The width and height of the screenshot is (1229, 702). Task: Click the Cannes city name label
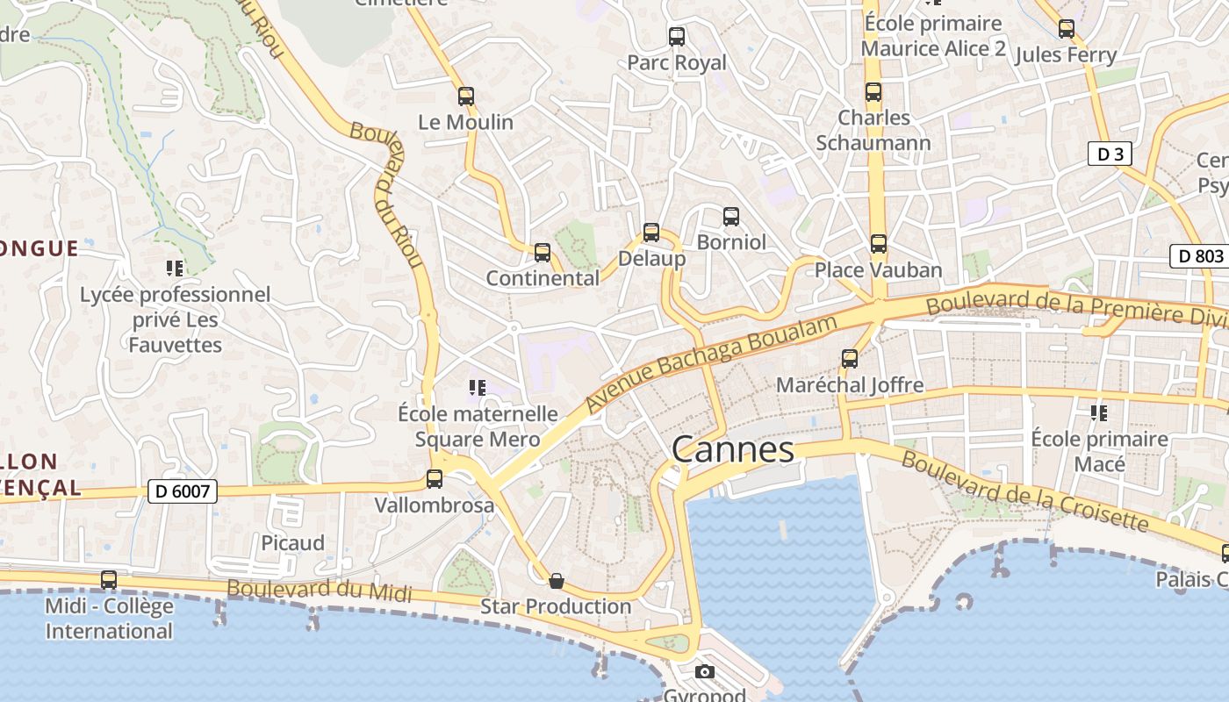pyautogui.click(x=733, y=450)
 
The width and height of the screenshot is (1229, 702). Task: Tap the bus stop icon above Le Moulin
pyautogui.click(x=466, y=97)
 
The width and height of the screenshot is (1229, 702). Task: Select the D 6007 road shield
pyautogui.click(x=182, y=491)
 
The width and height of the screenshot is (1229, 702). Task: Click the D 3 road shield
pyautogui.click(x=1110, y=154)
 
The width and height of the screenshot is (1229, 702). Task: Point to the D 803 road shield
pyautogui.click(x=1200, y=257)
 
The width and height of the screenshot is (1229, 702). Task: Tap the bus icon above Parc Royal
pyautogui.click(x=677, y=37)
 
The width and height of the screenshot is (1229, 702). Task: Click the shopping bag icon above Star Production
pyautogui.click(x=556, y=581)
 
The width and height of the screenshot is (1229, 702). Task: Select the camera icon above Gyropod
pyautogui.click(x=704, y=672)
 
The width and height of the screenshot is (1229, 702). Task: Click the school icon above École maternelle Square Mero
pyautogui.click(x=477, y=388)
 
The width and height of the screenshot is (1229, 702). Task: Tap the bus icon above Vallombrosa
pyautogui.click(x=435, y=479)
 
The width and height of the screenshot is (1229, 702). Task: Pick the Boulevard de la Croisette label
pyautogui.click(x=1024, y=491)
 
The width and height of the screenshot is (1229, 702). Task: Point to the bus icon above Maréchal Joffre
pyautogui.click(x=850, y=359)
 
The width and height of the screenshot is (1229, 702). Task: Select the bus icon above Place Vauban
pyautogui.click(x=879, y=244)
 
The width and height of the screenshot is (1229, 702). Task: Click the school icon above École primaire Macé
pyautogui.click(x=1098, y=412)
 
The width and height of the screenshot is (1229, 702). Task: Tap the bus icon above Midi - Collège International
pyautogui.click(x=109, y=580)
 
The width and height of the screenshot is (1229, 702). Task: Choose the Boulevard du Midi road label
pyautogui.click(x=320, y=591)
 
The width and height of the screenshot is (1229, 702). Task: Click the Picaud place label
pyautogui.click(x=292, y=542)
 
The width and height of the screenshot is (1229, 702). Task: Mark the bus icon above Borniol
pyautogui.click(x=731, y=217)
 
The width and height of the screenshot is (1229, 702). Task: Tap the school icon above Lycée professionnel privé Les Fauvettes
pyautogui.click(x=175, y=269)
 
